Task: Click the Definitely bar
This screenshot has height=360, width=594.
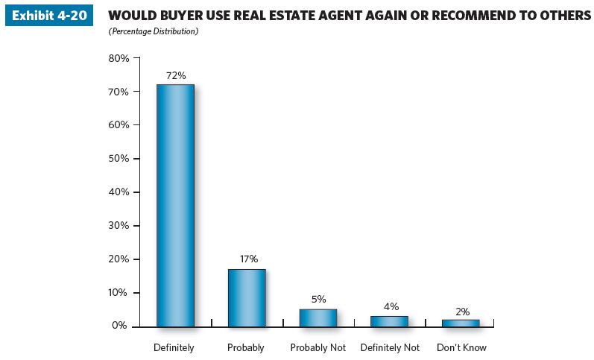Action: coord(175,205)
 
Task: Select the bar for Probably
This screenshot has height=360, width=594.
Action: coord(247,297)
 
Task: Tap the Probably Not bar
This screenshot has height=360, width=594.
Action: coord(318,318)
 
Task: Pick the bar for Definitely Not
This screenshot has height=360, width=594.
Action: coord(389,321)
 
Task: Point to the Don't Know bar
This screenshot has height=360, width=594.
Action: coord(461,323)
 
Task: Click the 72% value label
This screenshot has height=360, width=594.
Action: coord(176,75)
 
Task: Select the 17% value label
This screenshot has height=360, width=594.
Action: coord(248,259)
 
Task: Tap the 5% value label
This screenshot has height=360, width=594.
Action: coord(319,299)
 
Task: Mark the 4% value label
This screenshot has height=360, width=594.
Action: coord(391,306)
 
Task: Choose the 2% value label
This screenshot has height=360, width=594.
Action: coord(462,312)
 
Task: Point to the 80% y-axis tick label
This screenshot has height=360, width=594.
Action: coord(119,57)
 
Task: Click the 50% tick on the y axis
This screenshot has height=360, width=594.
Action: coord(119,158)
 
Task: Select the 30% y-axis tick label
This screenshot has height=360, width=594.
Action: coord(119,225)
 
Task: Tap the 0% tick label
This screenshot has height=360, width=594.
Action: coord(121,326)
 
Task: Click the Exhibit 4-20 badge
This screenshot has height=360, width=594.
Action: coord(49,16)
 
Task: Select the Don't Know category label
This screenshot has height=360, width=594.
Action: coord(461,347)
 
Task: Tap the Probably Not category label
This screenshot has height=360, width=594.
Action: coord(318,347)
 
